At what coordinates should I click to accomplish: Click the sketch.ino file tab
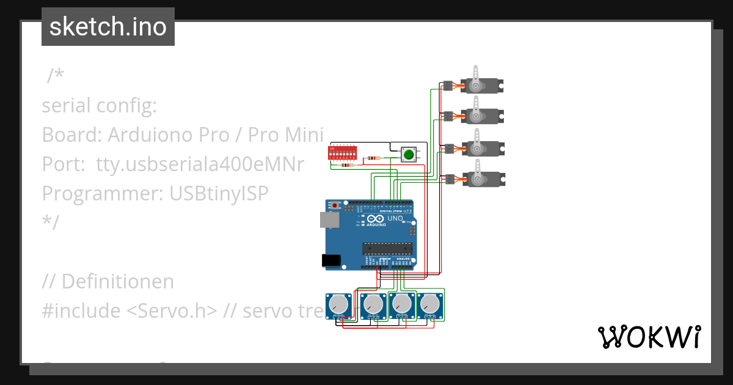tap(108, 27)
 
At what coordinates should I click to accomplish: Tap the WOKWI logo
tap(648, 337)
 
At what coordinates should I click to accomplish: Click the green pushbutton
tap(407, 155)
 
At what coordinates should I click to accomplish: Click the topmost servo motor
tap(480, 84)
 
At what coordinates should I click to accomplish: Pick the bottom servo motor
tap(480, 178)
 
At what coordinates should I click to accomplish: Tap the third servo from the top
tap(480, 147)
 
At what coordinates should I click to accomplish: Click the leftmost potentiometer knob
tap(338, 303)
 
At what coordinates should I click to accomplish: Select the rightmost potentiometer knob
tap(431, 303)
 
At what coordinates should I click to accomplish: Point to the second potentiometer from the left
tap(371, 303)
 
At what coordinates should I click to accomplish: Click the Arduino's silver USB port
tap(329, 220)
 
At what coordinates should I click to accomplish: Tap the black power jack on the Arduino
tap(331, 260)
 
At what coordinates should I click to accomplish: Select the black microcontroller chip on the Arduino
tap(385, 248)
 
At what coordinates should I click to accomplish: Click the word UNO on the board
tap(395, 218)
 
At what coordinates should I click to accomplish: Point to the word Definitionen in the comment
tap(117, 282)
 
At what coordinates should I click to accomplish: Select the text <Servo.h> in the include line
tap(172, 310)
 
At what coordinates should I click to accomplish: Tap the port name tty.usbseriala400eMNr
tap(200, 164)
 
